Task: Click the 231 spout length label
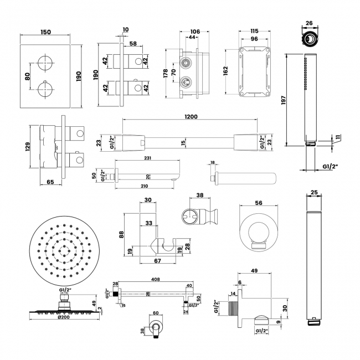pos(146,158)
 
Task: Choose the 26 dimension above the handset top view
pos(308,23)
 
